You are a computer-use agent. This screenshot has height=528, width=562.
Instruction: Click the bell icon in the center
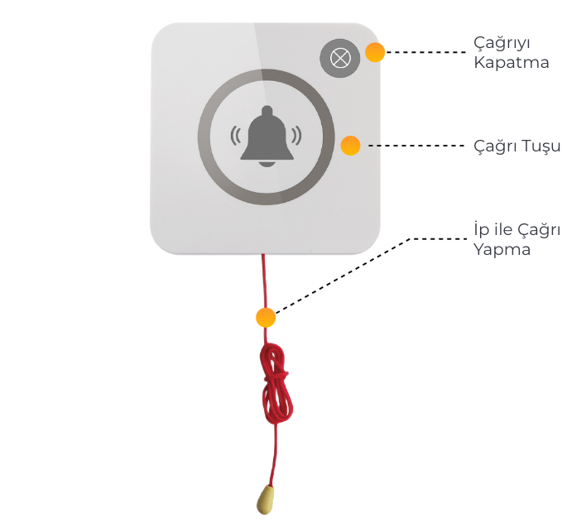267,135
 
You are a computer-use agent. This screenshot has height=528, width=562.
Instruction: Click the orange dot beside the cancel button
375,53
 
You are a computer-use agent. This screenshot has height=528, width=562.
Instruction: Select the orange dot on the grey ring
351,146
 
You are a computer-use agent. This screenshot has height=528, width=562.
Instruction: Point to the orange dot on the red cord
266,318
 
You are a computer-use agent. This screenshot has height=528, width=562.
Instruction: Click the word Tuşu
539,146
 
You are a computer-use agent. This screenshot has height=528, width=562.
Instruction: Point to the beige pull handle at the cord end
267,498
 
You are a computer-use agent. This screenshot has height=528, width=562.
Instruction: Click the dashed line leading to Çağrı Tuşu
418,146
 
